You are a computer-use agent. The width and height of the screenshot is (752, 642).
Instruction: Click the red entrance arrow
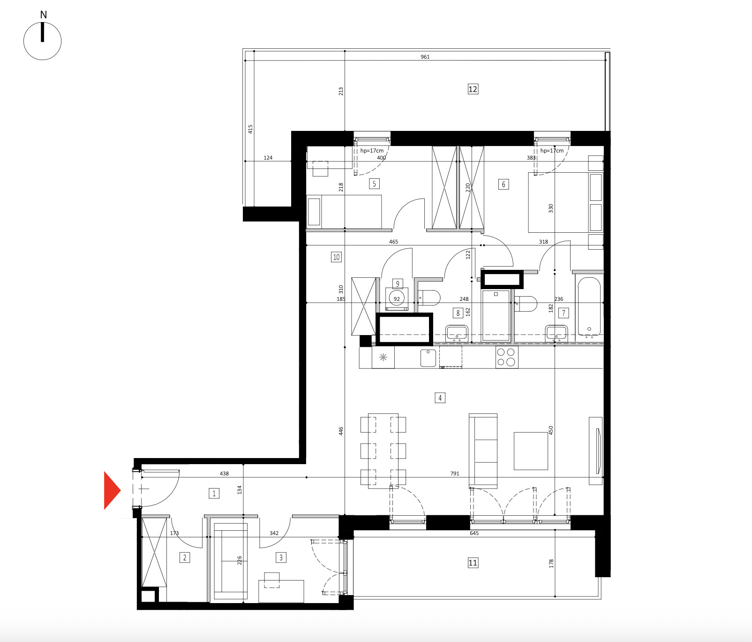[x=112, y=490]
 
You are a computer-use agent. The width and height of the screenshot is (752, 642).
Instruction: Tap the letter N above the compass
[x=44, y=15]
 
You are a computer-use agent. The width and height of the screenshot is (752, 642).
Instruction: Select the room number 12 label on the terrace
[x=473, y=89]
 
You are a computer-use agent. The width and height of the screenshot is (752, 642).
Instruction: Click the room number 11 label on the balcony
[x=473, y=563]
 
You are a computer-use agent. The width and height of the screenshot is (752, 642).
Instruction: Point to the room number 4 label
[x=440, y=398]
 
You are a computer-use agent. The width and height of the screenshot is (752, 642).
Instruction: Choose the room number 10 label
[x=336, y=257]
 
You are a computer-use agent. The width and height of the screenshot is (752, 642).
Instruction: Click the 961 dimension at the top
[x=425, y=57]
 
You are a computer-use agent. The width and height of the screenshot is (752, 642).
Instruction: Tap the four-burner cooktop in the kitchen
[x=506, y=357]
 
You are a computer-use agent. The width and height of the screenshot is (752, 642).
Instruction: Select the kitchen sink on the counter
[x=428, y=358]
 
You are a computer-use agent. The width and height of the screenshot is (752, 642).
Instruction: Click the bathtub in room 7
[x=589, y=307]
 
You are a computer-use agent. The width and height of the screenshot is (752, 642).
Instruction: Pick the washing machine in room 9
[x=397, y=299]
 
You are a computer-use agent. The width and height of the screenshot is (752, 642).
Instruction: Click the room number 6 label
[x=504, y=184]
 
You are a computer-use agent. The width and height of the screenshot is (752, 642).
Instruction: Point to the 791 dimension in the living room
[x=455, y=474]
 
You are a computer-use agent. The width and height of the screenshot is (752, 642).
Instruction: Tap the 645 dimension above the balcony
[x=474, y=533]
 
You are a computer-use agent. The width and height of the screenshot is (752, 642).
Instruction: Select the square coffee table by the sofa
[x=531, y=451]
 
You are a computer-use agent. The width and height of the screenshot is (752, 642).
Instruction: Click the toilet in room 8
[x=429, y=298]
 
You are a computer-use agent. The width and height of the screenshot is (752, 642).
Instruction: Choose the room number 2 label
[x=185, y=558]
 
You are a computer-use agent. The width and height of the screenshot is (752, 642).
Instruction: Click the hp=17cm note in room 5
[x=372, y=151]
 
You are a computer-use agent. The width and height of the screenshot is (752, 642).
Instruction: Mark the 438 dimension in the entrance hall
[x=224, y=474]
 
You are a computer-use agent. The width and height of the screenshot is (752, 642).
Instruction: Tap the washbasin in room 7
[x=556, y=334]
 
